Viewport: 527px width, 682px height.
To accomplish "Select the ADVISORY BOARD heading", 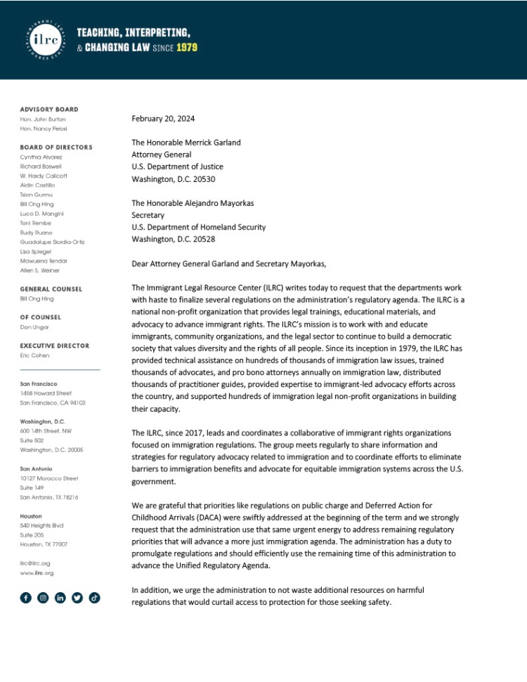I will coord(49,110).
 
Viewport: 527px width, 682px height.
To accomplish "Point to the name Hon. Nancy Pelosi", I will coord(44,129).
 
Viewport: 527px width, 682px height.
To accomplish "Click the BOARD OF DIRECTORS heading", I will coord(56,147).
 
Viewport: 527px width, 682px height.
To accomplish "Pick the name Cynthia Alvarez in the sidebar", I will coord(41,157).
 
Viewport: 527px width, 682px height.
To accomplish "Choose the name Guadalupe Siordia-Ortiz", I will coord(52,242).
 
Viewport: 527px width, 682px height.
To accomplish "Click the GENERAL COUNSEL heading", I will coord(51,289).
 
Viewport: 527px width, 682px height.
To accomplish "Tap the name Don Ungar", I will coord(34,327).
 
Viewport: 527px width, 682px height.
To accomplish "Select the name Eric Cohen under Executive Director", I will coord(34,355).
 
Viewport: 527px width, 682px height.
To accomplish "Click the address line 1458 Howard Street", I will coord(46,393).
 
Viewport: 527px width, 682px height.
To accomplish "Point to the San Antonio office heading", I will coord(36,468).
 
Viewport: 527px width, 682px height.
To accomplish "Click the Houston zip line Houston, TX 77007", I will coord(44,544).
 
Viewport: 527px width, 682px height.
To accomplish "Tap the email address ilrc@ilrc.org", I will coord(35,563).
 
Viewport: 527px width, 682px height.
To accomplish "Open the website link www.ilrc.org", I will coord(37,573).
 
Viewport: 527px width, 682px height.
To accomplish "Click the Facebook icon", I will coord(26,598).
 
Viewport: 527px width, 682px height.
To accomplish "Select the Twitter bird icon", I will coord(77,598).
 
